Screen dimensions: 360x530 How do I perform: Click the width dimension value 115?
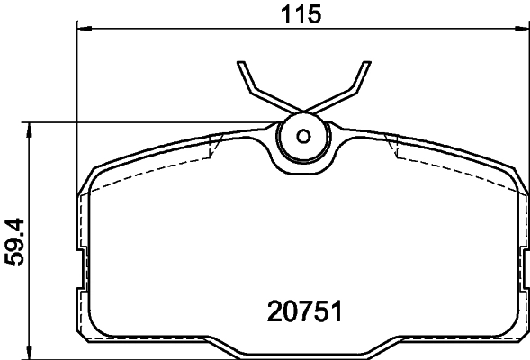[x=302, y=13]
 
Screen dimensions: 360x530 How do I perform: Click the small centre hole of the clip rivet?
[x=303, y=137]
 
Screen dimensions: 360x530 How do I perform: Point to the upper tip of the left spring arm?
[x=241, y=64]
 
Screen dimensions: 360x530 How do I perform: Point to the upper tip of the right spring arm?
[x=366, y=64]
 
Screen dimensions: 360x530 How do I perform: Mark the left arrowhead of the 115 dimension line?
[x=84, y=30]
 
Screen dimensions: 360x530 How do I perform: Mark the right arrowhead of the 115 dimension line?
[x=521, y=30]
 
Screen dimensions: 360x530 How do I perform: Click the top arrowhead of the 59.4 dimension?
[x=31, y=129]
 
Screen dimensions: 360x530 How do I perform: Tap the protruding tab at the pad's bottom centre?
[x=303, y=349]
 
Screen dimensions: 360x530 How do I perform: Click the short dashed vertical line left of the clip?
[x=212, y=147]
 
